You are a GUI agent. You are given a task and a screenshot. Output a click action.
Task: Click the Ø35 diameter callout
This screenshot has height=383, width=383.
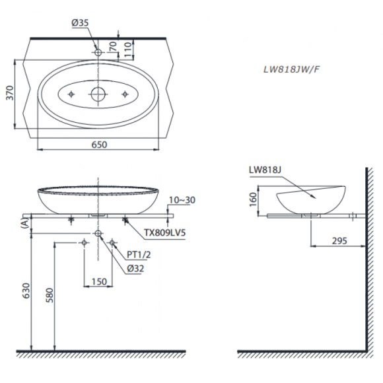[80, 22]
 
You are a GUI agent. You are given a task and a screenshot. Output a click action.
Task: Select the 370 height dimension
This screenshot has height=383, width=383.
[9, 93]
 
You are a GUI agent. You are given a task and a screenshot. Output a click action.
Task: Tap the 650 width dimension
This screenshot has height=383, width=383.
[99, 145]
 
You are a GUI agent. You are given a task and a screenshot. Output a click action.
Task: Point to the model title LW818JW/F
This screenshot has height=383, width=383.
[291, 69]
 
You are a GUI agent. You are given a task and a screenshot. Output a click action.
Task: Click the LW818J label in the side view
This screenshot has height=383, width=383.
[265, 170]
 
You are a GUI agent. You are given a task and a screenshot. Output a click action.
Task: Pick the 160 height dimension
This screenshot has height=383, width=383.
[254, 199]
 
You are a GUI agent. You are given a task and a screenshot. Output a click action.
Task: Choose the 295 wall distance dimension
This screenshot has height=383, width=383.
[339, 241]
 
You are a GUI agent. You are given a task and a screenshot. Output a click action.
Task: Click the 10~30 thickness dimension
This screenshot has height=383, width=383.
[182, 200]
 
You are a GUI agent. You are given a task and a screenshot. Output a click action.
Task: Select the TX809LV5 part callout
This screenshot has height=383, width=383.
[164, 232]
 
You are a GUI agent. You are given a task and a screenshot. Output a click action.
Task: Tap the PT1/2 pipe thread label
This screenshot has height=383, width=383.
[139, 255]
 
